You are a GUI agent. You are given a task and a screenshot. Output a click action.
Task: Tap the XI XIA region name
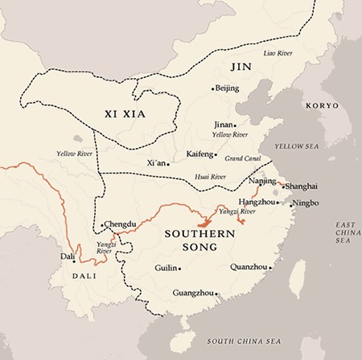(124, 115)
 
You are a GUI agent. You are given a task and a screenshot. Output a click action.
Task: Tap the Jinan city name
(224, 125)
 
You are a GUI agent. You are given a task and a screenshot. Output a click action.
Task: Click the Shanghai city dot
(282, 186)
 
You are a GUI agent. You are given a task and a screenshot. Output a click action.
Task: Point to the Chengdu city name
(121, 224)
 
